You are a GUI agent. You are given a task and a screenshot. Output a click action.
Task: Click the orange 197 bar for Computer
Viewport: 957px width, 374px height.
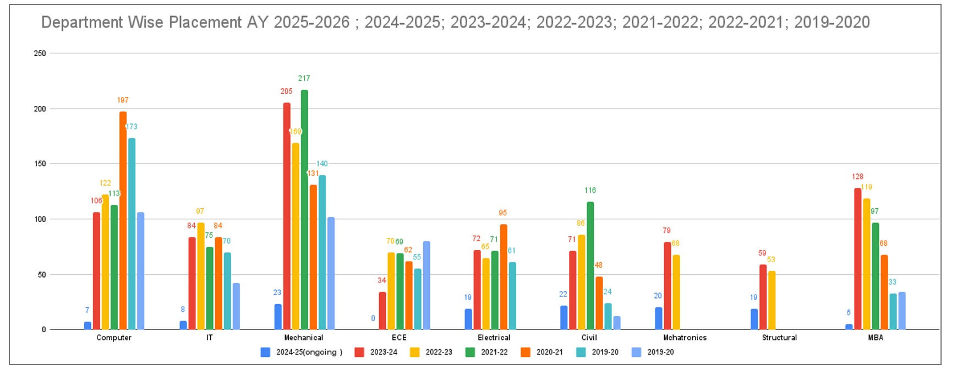coord(123,220)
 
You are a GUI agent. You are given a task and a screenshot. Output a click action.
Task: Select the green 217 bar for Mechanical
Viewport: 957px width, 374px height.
coord(304,209)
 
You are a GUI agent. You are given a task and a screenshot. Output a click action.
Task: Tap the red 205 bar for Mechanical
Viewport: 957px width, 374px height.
coord(287,216)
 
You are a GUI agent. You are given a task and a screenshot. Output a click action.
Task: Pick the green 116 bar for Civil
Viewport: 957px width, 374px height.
coord(590,265)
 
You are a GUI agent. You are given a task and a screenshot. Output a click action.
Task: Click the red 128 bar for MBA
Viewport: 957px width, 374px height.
coord(857,259)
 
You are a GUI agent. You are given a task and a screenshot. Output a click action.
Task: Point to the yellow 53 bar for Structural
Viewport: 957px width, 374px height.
coord(772,300)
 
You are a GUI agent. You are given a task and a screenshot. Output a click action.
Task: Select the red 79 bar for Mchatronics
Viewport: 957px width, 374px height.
coord(667,285)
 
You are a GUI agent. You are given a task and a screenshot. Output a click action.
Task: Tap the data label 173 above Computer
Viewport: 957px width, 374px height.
coord(132,127)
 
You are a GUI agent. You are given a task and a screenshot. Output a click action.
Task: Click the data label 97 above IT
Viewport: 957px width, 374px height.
coord(200,212)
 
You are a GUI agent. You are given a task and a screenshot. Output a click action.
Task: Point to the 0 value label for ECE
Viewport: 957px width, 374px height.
coord(373,318)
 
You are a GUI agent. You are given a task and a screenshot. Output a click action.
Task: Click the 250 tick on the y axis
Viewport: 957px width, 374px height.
coord(40,53)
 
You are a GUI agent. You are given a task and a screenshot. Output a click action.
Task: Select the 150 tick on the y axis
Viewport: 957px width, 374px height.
coord(40,164)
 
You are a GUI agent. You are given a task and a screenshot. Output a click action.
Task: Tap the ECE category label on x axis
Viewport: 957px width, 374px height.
coord(399,338)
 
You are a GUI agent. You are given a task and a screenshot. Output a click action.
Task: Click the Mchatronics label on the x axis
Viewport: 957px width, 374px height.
coord(685,338)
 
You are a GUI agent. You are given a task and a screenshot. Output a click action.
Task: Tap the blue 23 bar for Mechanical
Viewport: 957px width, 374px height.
coord(278,317)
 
